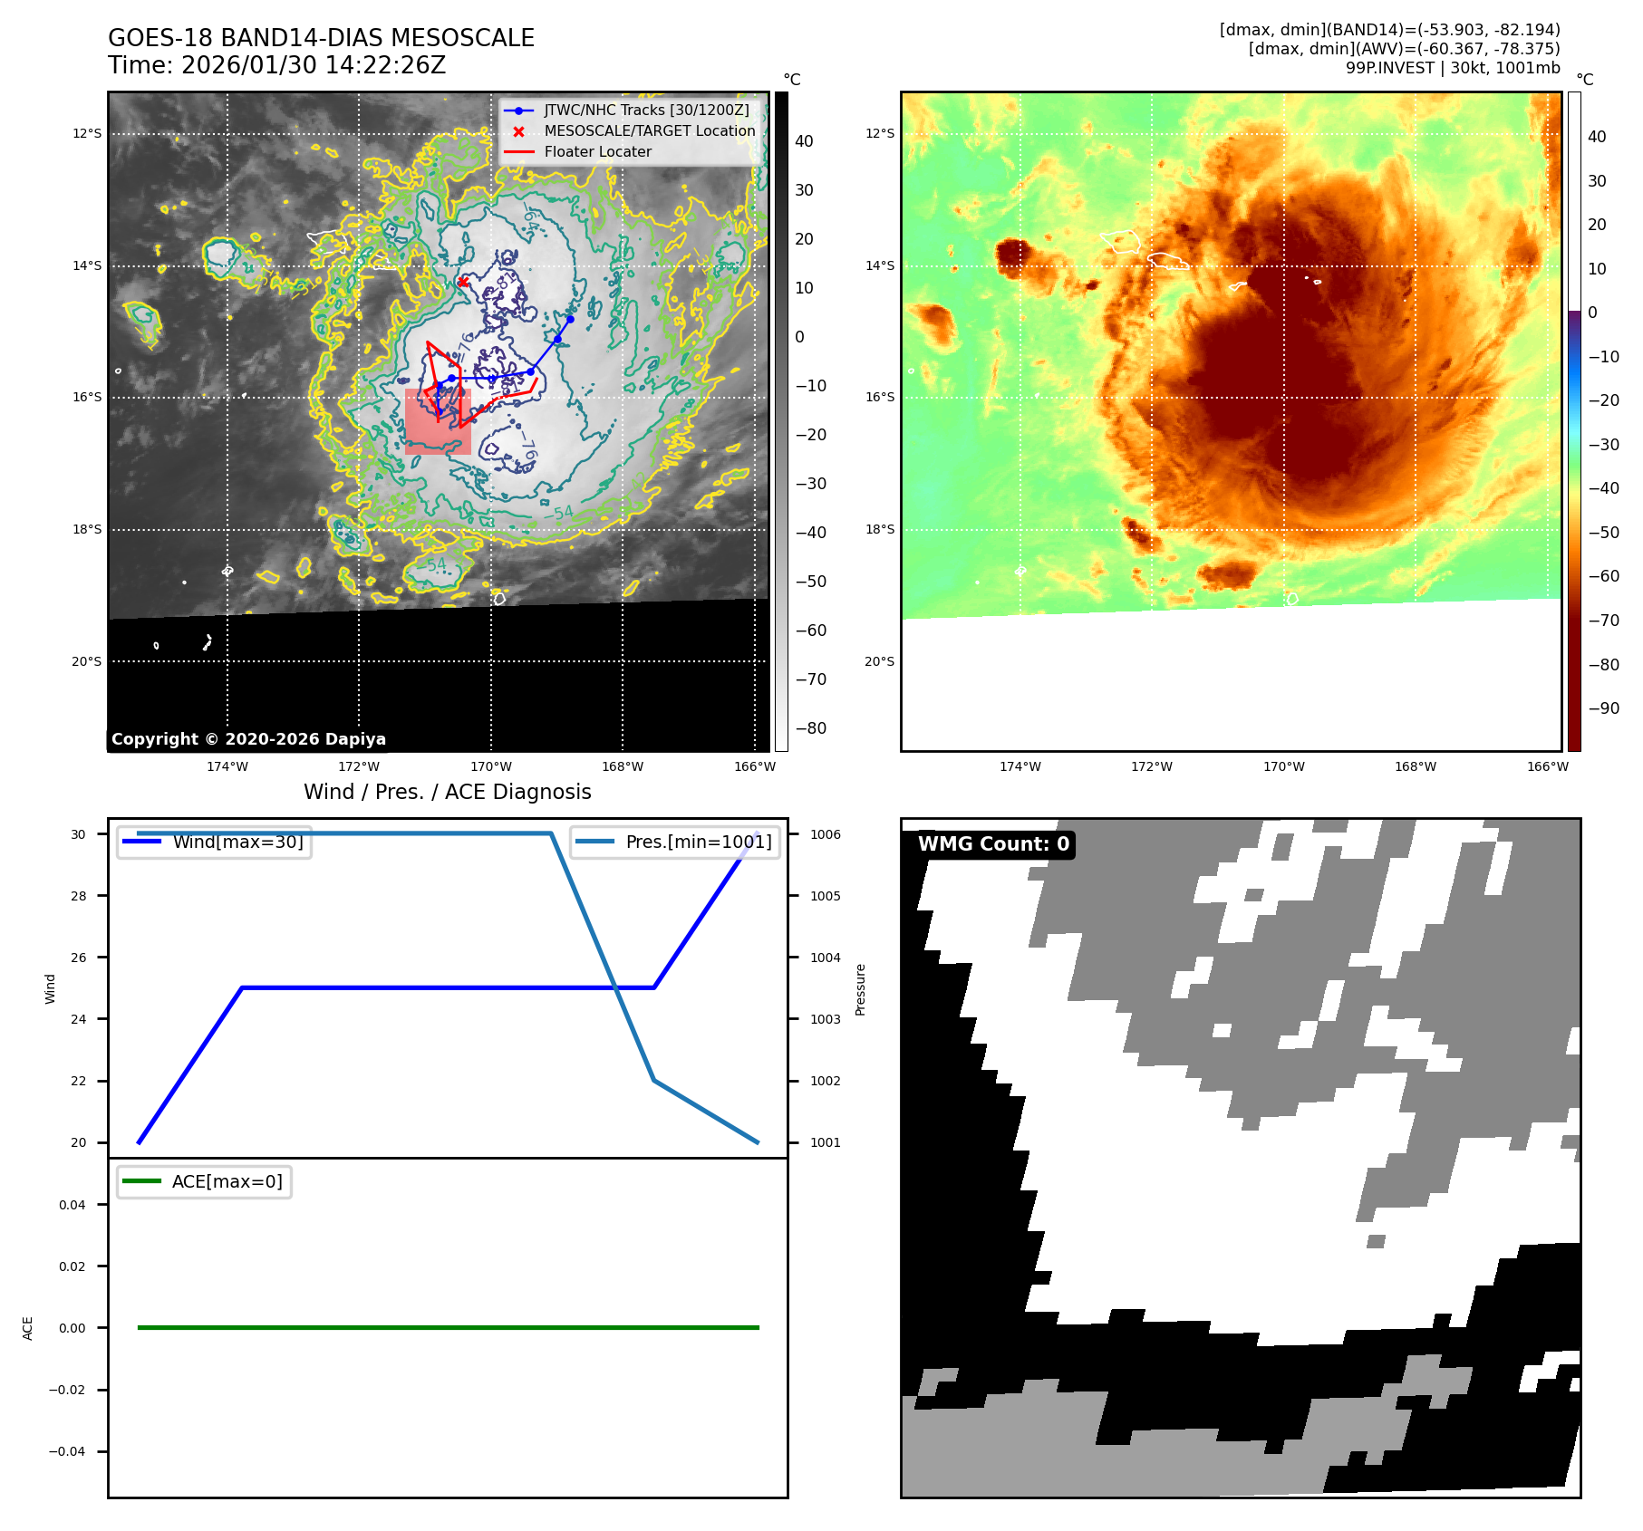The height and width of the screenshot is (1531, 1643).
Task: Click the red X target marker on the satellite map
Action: [x=462, y=282]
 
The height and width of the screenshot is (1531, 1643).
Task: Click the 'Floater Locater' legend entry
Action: [x=597, y=152]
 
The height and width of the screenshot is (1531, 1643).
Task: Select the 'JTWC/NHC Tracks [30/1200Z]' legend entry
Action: [x=646, y=110]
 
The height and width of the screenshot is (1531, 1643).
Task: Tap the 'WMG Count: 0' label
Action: [x=993, y=844]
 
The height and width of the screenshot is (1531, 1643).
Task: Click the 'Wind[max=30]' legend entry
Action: [x=237, y=842]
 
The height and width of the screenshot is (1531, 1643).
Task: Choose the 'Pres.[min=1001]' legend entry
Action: [x=698, y=842]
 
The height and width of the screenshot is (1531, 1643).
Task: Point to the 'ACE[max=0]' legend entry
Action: [x=227, y=1181]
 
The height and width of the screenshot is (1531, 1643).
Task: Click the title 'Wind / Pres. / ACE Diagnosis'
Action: [x=447, y=792]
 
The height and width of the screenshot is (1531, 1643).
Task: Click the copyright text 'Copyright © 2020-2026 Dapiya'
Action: [x=248, y=739]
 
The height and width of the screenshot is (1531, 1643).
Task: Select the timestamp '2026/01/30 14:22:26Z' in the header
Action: [x=313, y=65]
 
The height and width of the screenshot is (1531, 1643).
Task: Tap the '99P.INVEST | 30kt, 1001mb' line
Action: [x=1452, y=68]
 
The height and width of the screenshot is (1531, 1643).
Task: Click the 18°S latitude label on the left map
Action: [x=87, y=530]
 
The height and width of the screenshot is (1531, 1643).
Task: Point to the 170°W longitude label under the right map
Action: [x=1283, y=767]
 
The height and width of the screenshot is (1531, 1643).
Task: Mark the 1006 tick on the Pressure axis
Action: [x=825, y=834]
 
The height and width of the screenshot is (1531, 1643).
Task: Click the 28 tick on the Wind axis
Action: [x=79, y=896]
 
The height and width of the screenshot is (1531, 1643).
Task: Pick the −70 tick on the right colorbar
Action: [x=1602, y=621]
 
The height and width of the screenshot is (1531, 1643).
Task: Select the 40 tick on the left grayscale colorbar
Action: [x=804, y=141]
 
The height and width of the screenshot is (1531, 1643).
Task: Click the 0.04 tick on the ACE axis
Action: [x=72, y=1205]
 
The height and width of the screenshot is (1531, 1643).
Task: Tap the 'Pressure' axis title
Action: [x=861, y=989]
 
